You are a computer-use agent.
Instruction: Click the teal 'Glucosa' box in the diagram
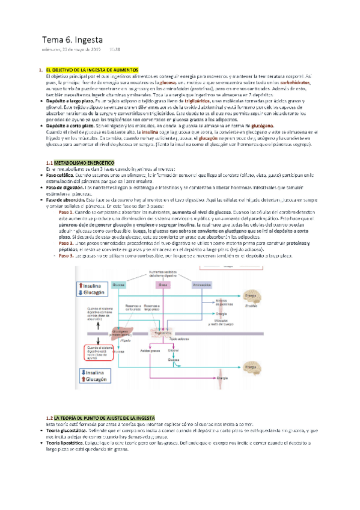pos(119,284)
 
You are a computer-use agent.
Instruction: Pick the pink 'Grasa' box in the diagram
pos(162,284)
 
